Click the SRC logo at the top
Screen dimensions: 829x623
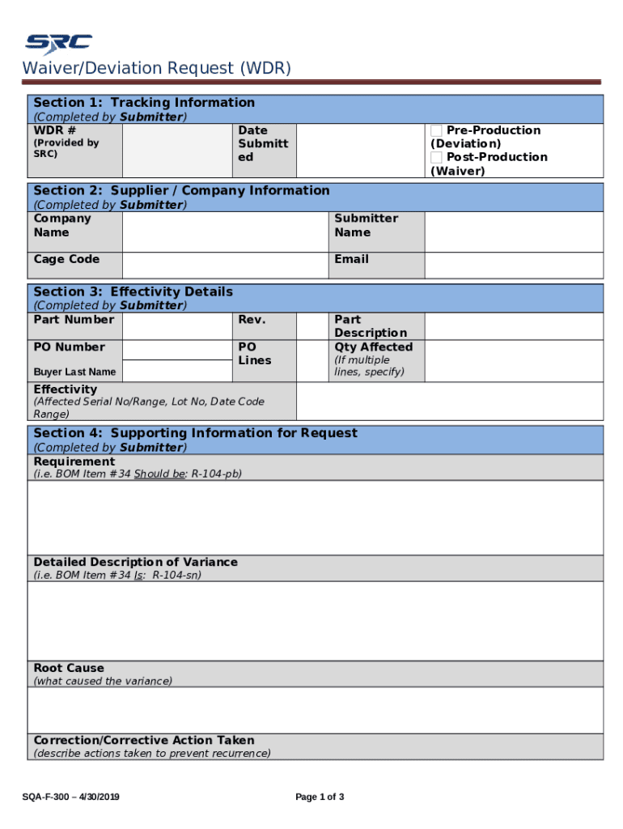tap(58, 42)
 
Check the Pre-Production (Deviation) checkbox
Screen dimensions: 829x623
tap(436, 130)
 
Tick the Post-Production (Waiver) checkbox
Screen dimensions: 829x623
tap(436, 157)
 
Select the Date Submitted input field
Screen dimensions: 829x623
tap(360, 150)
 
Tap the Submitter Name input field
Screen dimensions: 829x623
tap(514, 232)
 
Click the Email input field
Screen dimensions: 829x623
tap(514, 265)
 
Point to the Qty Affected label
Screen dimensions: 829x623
tap(373, 347)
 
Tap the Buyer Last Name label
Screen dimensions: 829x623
tap(74, 372)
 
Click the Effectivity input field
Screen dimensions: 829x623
tap(449, 402)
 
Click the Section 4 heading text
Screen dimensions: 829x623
tap(194, 433)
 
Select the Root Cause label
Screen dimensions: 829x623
tap(69, 668)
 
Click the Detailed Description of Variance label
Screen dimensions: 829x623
tap(135, 562)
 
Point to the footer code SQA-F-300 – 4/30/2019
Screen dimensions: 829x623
tap(71, 797)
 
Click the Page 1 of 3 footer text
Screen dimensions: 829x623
tap(320, 797)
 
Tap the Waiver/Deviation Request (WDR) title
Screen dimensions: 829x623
tap(156, 68)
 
